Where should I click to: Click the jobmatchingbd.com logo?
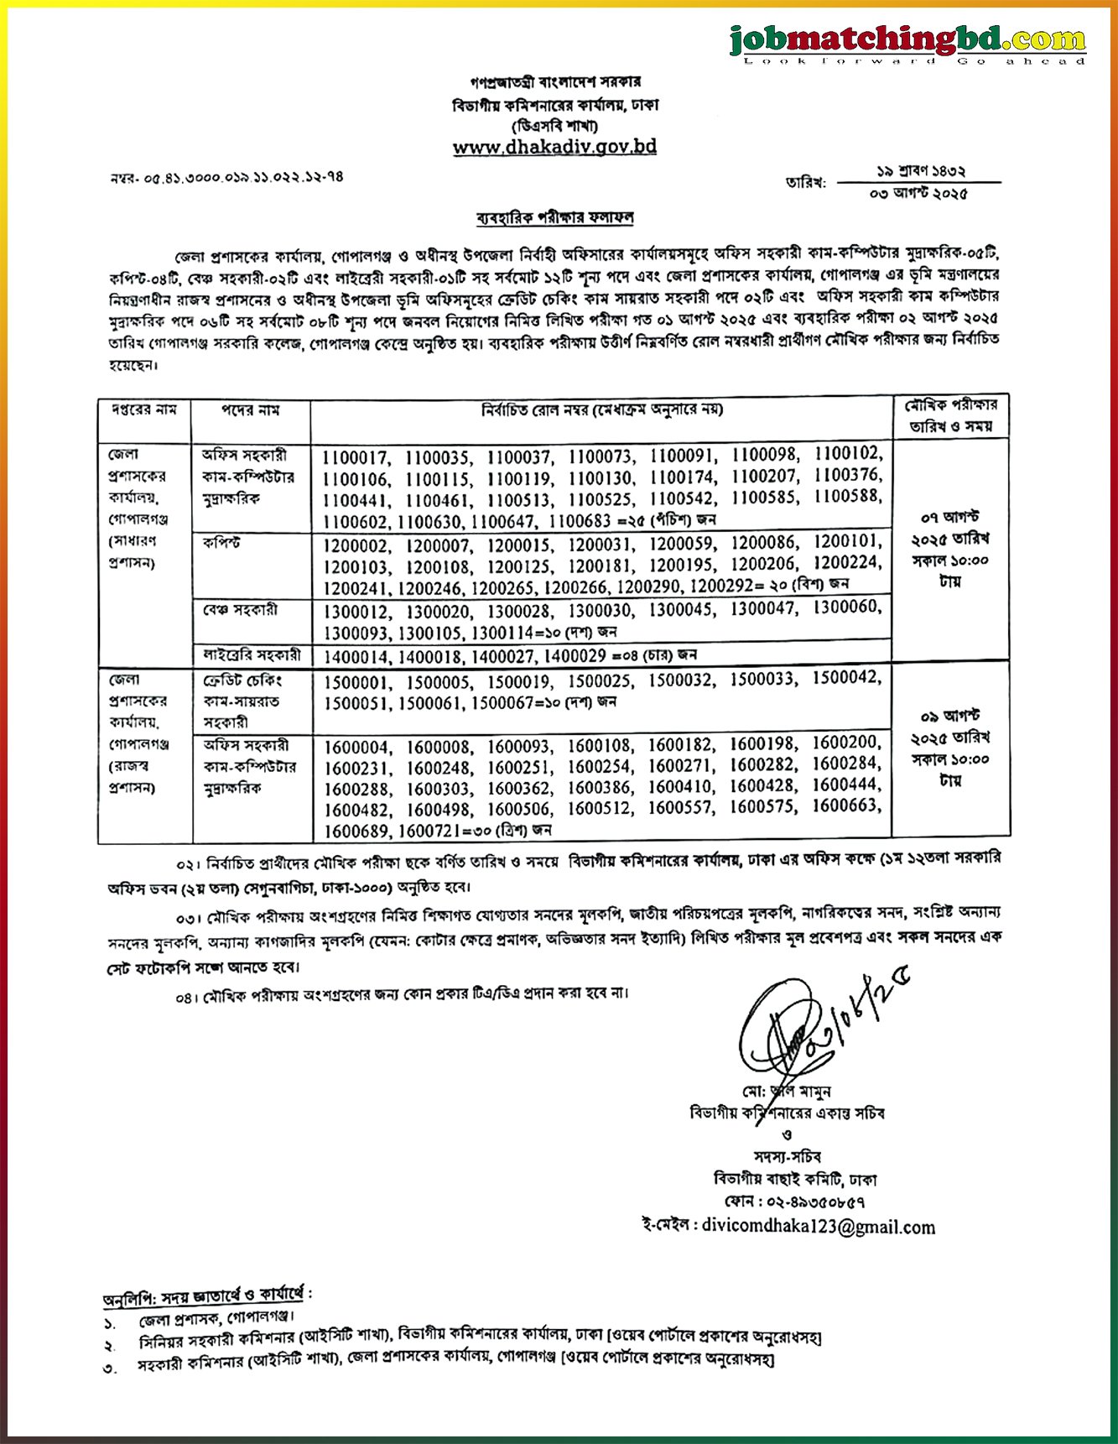pos(907,42)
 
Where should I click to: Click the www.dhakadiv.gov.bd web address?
pos(554,147)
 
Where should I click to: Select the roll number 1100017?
pos(356,458)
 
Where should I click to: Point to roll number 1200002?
pos(356,545)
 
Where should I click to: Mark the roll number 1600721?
pos(438,831)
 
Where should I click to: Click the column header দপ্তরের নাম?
pos(144,410)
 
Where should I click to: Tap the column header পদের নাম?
pos(250,410)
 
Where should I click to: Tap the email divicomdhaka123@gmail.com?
pos(818,1227)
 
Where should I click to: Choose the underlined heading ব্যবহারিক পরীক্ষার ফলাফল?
pos(554,218)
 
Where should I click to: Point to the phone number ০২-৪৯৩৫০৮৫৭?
pos(817,1202)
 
